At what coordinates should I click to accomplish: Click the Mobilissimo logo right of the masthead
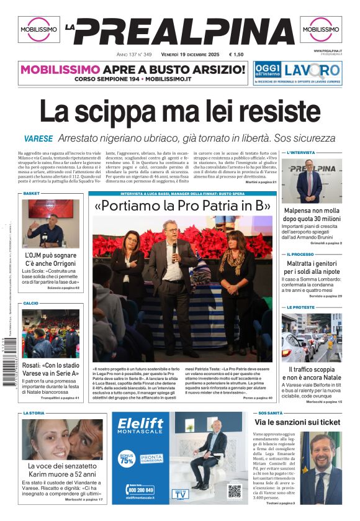321,30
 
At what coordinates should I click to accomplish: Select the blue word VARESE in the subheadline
38,138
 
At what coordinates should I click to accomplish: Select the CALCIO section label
31,303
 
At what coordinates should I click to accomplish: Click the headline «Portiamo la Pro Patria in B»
183,206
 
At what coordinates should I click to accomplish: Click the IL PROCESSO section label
300,255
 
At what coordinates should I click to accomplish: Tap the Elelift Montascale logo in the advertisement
141,425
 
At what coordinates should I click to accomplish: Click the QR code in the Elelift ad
234,491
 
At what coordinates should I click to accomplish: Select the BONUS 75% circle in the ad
127,460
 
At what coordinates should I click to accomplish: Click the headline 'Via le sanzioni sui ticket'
297,422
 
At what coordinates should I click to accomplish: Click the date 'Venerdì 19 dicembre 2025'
186,55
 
